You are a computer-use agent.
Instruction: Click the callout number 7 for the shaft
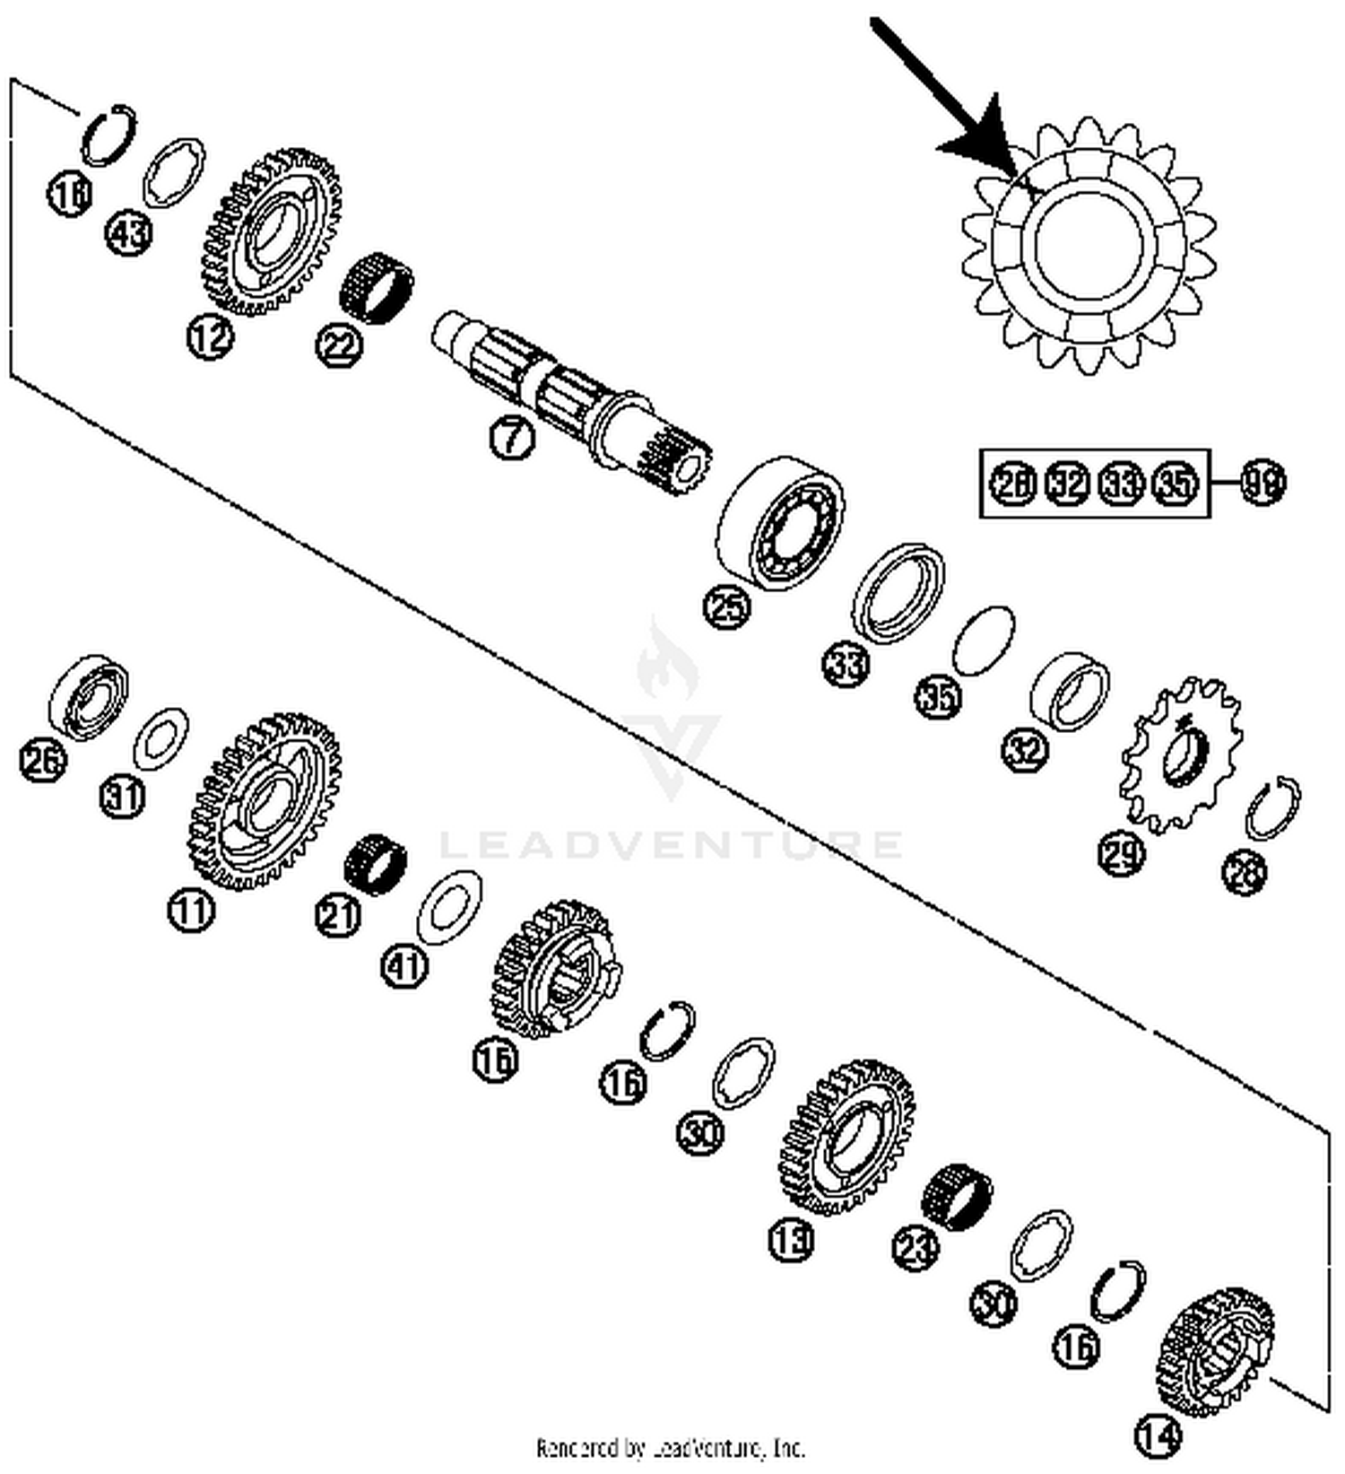[512, 437]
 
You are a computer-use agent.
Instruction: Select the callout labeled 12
[210, 337]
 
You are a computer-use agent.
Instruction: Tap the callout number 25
[726, 606]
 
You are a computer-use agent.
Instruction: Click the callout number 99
[1263, 483]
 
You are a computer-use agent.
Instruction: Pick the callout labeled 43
[129, 235]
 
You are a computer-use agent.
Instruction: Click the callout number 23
[915, 1247]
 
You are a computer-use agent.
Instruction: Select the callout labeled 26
[43, 762]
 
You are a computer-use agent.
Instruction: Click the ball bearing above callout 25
[780, 523]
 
